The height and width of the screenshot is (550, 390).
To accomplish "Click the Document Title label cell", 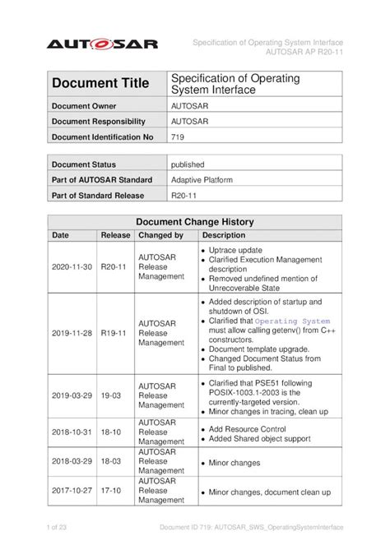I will click(100, 83).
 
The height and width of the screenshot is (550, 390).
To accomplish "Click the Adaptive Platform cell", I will click(202, 179).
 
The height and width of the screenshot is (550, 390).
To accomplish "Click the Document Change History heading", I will click(194, 222).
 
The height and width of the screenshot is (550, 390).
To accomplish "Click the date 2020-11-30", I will click(72, 267).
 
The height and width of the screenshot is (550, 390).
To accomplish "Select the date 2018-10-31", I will click(72, 430).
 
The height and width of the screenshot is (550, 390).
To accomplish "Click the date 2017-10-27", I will click(72, 492).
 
